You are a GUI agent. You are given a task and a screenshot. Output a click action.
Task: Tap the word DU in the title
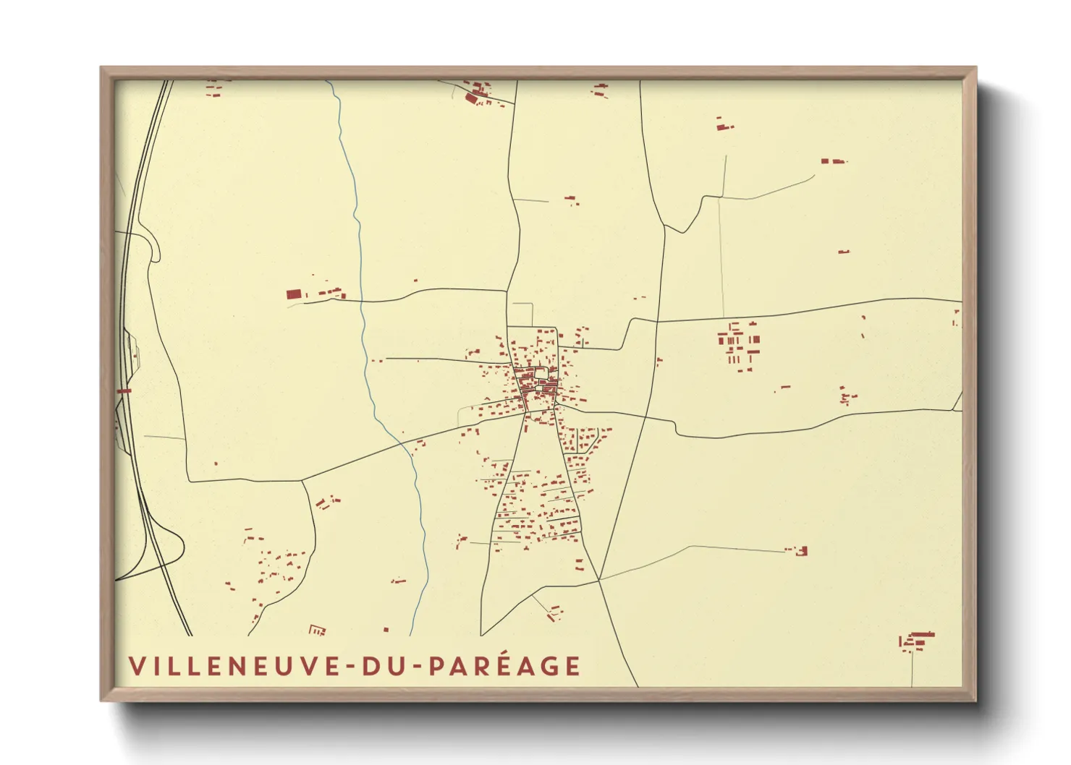tap(386, 666)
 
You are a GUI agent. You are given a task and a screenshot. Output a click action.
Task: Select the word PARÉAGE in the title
tap(505, 666)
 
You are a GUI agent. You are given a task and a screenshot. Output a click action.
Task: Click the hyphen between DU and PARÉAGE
tap(418, 667)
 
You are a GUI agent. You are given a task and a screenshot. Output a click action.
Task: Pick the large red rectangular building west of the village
tap(293, 294)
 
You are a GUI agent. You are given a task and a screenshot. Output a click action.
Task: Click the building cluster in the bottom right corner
tap(916, 640)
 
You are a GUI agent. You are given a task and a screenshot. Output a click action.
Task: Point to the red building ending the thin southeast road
tap(800, 552)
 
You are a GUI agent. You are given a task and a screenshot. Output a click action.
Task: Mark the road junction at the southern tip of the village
tap(599, 579)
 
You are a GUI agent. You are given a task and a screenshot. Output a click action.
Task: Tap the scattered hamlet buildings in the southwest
tap(271, 568)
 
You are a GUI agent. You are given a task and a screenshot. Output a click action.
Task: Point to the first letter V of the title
tap(135, 666)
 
